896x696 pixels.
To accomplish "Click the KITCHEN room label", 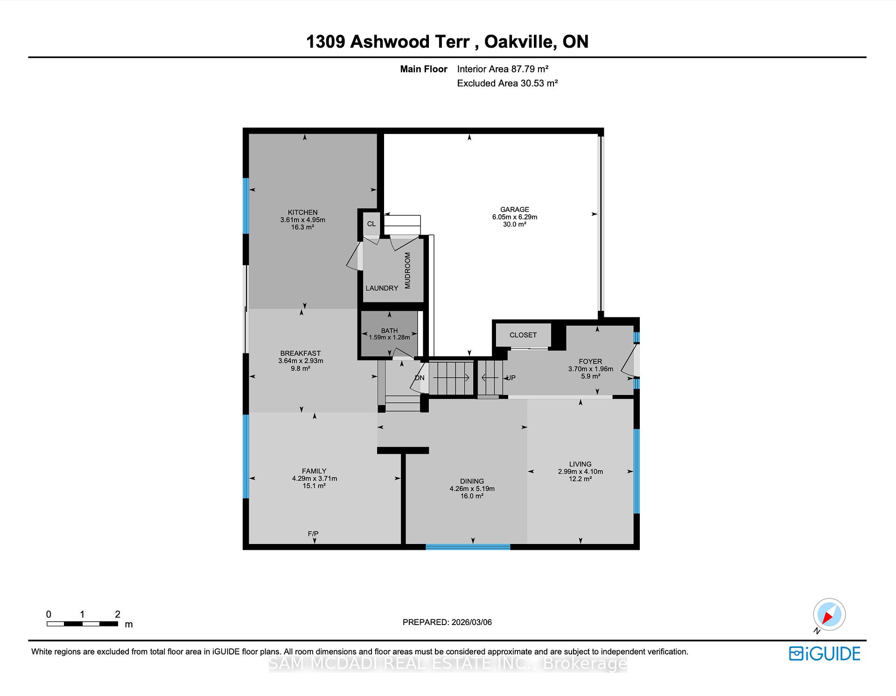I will click(302, 212).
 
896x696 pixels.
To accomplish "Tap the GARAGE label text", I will click(514, 210).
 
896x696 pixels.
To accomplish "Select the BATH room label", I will click(389, 330).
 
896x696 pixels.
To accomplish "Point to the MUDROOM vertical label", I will click(407, 271).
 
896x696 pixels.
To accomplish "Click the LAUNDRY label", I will click(382, 288).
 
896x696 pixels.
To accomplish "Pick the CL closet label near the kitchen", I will click(371, 224).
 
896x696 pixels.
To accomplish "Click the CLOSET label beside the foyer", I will click(523, 335).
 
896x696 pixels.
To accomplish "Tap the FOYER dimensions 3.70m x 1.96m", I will click(590, 369).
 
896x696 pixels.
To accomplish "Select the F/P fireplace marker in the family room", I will click(313, 534).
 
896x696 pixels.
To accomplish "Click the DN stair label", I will click(420, 378).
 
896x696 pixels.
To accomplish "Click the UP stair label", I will click(511, 378).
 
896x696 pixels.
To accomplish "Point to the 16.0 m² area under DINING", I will click(472, 496).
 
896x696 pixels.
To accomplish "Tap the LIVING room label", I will click(580, 464).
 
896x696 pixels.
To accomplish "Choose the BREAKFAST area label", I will click(300, 353).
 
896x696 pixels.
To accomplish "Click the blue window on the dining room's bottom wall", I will click(468, 547).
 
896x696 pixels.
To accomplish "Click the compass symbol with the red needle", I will click(829, 614).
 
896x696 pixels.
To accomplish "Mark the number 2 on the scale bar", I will click(118, 614).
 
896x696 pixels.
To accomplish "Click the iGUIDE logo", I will click(825, 654).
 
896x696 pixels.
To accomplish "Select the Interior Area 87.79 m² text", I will click(503, 69).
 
